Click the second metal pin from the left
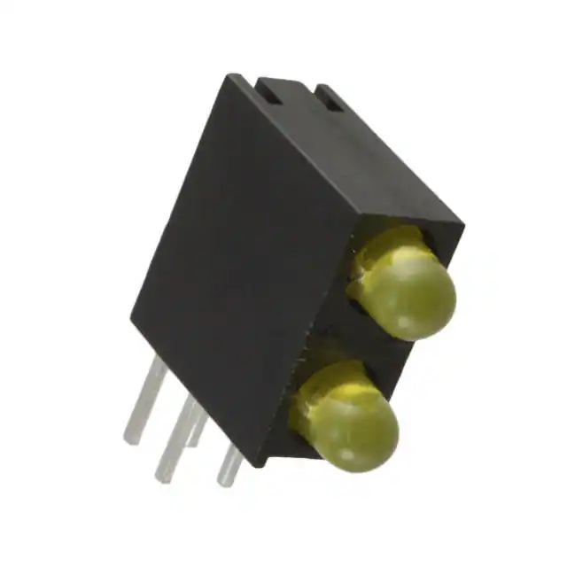[177, 439]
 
